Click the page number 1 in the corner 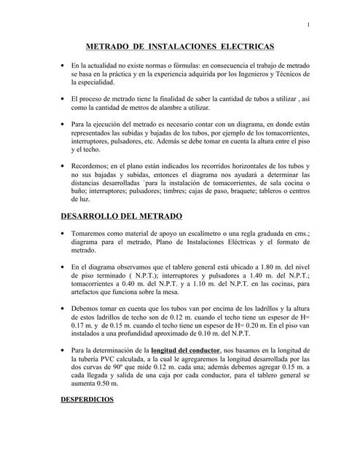[309, 27]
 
